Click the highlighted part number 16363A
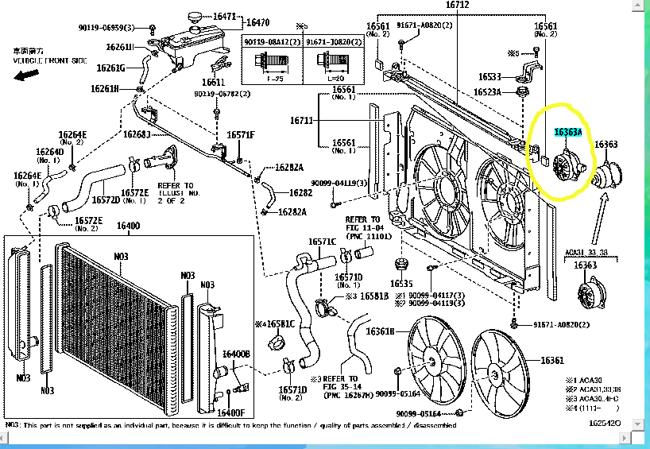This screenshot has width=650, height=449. (x=568, y=132)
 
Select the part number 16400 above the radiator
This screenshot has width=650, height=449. (x=128, y=226)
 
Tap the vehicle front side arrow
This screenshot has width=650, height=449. (x=26, y=75)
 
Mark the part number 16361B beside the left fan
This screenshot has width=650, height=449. (x=379, y=331)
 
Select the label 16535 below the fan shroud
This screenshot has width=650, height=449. (x=401, y=284)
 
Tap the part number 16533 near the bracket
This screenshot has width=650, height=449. (x=490, y=77)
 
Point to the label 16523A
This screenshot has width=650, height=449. (x=489, y=92)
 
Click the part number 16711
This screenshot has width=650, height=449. (x=302, y=121)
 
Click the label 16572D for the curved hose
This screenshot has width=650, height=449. (x=106, y=200)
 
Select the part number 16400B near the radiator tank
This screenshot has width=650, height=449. (x=236, y=354)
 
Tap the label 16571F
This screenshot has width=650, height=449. (x=241, y=134)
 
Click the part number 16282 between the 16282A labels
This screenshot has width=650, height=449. (x=300, y=192)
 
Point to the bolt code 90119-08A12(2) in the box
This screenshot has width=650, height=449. (x=267, y=41)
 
